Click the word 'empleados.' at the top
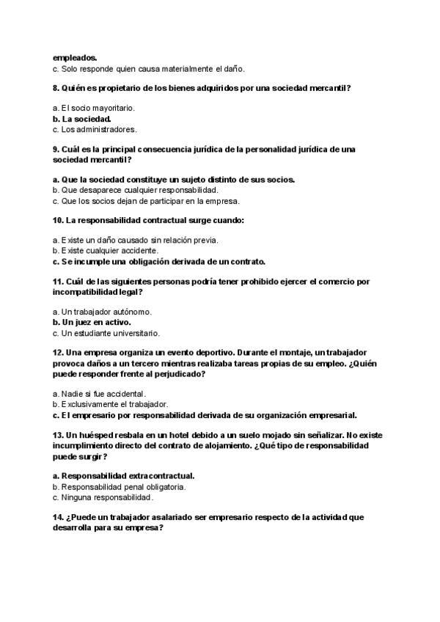coord(75,57)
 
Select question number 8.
coord(56,88)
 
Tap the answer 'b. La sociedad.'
coord(82,119)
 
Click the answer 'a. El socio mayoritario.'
coord(93,109)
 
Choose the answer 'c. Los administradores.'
coord(95,129)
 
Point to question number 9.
coord(56,149)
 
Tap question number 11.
coord(58,282)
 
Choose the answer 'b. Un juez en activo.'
coord(92,322)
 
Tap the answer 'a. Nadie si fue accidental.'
coord(99,394)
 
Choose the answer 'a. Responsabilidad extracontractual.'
coord(123,475)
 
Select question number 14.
coord(58,517)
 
